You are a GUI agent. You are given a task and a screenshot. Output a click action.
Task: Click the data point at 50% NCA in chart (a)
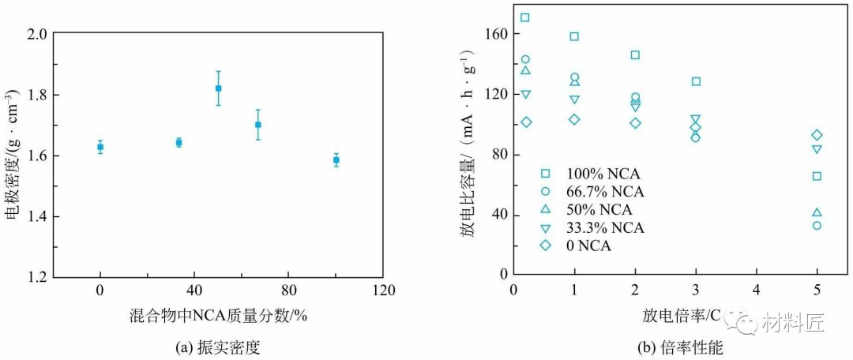219,88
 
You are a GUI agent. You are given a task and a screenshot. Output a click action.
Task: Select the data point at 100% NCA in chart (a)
336,159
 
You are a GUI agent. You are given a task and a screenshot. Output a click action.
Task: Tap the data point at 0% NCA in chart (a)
100,147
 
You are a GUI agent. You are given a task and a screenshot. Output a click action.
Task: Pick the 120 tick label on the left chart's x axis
383,290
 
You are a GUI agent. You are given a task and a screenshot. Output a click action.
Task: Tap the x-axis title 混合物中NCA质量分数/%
218,315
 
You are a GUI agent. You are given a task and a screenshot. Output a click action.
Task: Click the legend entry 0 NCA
588,246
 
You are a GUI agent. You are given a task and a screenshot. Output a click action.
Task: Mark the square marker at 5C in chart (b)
817,176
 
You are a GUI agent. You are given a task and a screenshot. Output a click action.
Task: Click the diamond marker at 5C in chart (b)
817,135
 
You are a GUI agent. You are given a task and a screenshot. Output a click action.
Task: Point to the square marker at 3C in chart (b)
696,81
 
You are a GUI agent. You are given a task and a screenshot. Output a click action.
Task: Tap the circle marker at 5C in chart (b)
817,225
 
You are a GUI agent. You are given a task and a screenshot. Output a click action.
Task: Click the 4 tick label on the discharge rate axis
756,289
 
